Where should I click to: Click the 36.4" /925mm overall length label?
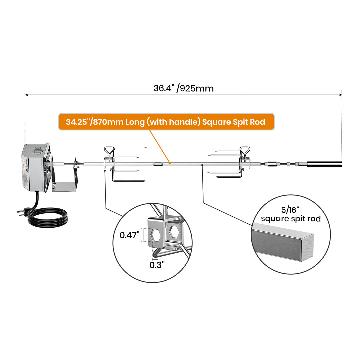click(x=183, y=88)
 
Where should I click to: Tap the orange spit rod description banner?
click(x=166, y=122)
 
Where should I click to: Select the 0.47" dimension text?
click(x=129, y=235)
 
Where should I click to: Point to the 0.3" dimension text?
click(x=157, y=265)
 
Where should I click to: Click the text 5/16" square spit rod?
click(x=291, y=215)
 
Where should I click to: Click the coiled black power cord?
click(x=50, y=219)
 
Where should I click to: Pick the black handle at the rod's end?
click(x=324, y=164)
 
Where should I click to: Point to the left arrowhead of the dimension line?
click(x=27, y=95)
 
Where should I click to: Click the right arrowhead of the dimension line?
click(x=340, y=95)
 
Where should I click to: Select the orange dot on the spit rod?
click(x=170, y=163)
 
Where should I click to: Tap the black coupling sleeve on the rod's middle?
click(x=158, y=164)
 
